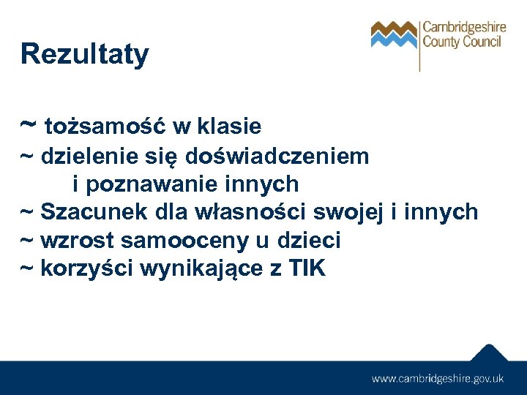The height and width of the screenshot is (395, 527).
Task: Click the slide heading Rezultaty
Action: tap(84, 54)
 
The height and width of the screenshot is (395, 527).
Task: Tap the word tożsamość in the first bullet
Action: tap(105, 127)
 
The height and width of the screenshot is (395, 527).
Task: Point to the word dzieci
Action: tap(309, 241)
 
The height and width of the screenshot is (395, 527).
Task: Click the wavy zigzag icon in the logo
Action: tap(393, 34)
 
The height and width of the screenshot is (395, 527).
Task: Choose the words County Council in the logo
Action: tap(462, 42)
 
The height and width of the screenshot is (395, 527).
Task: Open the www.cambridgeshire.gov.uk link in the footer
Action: tap(438, 378)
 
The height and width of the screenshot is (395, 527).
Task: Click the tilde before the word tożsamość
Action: tap(29, 124)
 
